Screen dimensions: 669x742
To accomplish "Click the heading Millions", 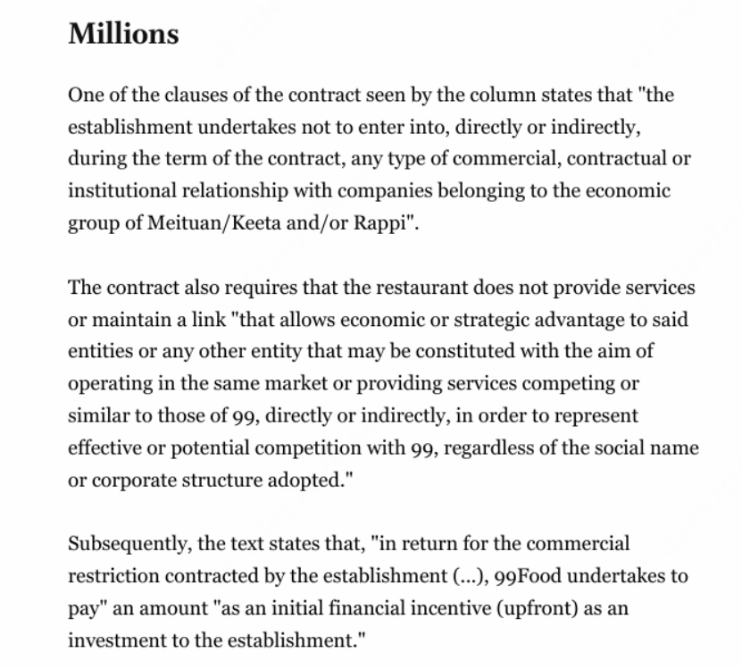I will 123,34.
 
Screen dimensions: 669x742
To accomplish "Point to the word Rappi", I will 385,223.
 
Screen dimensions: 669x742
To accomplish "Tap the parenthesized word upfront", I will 469,607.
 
